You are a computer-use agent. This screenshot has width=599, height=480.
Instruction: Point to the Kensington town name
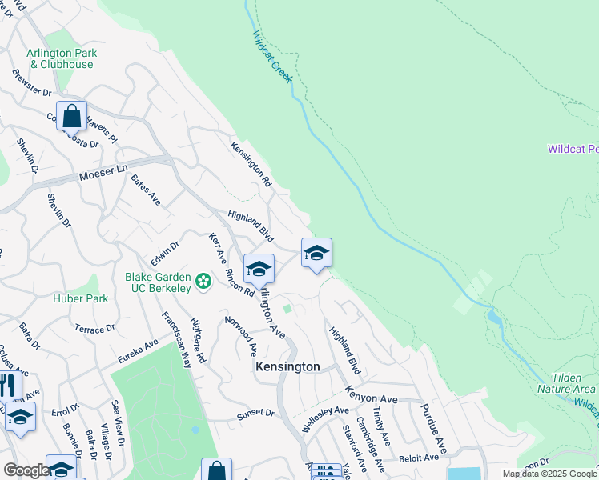(x=287, y=366)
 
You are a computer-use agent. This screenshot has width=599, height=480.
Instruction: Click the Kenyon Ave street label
(x=372, y=394)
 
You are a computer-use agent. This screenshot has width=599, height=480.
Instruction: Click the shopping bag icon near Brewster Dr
(x=71, y=116)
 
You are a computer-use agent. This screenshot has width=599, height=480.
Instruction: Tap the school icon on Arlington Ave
(x=259, y=269)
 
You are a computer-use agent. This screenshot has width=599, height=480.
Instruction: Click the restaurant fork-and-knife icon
(x=8, y=386)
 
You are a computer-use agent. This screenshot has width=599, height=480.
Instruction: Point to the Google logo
(x=26, y=471)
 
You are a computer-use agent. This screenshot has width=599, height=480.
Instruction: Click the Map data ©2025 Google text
(x=549, y=474)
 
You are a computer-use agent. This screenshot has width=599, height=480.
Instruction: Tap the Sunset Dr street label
(x=255, y=414)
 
